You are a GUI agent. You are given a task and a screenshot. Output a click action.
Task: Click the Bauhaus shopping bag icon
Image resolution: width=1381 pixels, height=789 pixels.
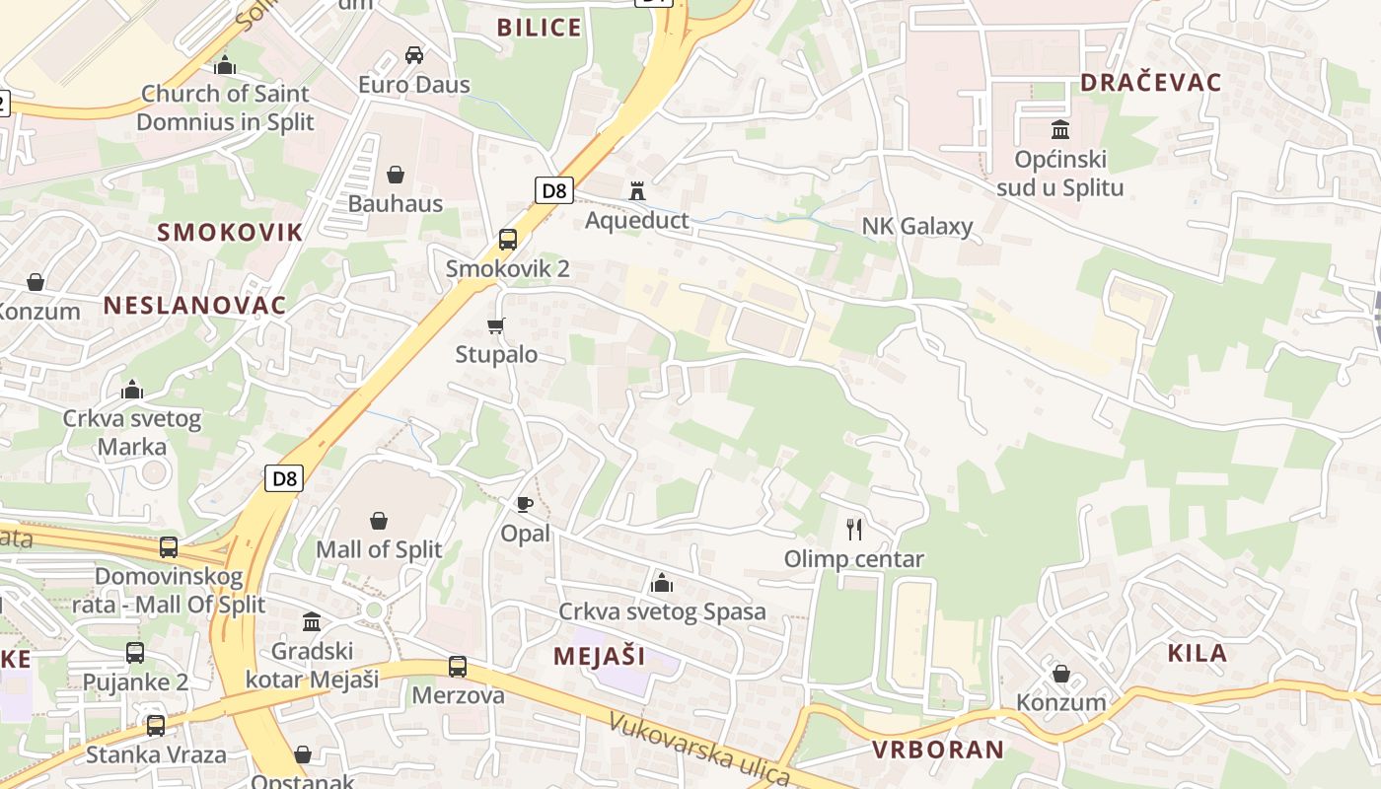pyautogui.click(x=396, y=175)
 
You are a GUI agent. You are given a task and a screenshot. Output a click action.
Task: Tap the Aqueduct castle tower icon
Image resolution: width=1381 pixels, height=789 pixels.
pyautogui.click(x=637, y=190)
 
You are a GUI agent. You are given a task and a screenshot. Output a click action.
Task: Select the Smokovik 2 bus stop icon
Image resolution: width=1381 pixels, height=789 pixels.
pyautogui.click(x=508, y=239)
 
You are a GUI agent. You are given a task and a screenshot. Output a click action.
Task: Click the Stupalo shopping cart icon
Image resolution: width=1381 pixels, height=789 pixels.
pyautogui.click(x=496, y=324)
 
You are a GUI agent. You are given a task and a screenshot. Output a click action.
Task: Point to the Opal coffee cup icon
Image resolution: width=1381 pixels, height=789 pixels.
pyautogui.click(x=525, y=505)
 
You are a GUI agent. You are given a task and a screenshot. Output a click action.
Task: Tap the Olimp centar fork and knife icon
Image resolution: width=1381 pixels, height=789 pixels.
pyautogui.click(x=854, y=530)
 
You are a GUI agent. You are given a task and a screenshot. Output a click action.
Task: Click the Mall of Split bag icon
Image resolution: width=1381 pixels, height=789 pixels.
pyautogui.click(x=379, y=520)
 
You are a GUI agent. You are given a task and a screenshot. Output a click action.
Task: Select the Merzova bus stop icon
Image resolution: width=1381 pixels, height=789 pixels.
pyautogui.click(x=458, y=666)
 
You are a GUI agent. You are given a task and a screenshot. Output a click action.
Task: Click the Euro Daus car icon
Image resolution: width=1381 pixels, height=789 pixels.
pyautogui.click(x=414, y=55)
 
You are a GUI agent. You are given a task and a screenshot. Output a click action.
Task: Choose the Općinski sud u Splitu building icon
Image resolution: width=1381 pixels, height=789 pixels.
pyautogui.click(x=1060, y=129)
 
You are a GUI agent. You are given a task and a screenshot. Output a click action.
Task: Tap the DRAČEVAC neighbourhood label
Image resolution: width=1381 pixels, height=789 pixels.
pyautogui.click(x=1151, y=83)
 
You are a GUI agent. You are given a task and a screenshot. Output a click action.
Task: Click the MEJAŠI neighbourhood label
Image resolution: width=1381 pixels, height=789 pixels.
pyautogui.click(x=599, y=656)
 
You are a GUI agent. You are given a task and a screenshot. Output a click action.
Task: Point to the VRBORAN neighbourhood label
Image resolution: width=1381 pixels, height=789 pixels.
pyautogui.click(x=937, y=750)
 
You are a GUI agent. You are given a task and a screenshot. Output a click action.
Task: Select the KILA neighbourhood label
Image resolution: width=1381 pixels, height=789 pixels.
pyautogui.click(x=1197, y=653)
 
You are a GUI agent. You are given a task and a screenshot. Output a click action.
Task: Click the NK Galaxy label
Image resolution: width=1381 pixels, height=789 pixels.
pyautogui.click(x=917, y=226)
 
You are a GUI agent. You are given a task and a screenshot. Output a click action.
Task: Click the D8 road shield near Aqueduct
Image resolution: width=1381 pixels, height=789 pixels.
pyautogui.click(x=554, y=190)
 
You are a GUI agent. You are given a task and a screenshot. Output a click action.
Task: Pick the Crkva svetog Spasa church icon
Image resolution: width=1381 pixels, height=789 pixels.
pyautogui.click(x=662, y=583)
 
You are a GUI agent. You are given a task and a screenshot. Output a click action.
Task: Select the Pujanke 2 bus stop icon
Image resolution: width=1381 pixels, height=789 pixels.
pyautogui.click(x=135, y=652)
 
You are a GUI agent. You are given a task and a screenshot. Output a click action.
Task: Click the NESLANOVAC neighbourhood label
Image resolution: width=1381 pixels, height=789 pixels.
pyautogui.click(x=194, y=305)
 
